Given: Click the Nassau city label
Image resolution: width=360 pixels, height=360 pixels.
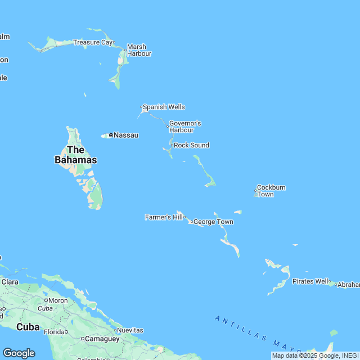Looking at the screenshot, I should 126,135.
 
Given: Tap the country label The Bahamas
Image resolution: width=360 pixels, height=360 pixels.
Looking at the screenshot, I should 75,155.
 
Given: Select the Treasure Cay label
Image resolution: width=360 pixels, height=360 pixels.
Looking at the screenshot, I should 93,42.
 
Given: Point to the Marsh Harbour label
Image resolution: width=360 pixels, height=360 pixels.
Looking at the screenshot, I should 139,50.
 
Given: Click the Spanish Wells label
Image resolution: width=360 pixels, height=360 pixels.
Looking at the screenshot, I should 164,107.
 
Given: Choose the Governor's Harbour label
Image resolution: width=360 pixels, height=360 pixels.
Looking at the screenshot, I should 185,127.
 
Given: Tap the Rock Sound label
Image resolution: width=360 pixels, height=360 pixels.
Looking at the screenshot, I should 191,145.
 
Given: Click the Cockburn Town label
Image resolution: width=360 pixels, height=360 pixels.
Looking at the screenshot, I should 271,191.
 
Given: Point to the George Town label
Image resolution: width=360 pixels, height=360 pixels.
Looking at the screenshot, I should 213,222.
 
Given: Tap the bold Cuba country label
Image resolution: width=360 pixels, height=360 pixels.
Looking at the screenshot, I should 28,327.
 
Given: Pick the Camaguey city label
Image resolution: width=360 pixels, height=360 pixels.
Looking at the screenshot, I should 102,339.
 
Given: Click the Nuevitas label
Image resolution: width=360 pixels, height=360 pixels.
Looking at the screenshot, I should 129,330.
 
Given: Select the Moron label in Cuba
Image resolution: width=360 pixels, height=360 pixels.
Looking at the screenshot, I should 58,300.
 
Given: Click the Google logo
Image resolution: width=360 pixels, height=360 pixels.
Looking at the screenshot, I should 19,353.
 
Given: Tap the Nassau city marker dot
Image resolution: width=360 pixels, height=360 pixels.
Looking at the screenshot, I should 111,135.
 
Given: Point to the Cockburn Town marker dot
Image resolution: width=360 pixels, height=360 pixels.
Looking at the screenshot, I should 255,191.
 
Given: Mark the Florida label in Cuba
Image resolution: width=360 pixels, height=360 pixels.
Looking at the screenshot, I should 55,332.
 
